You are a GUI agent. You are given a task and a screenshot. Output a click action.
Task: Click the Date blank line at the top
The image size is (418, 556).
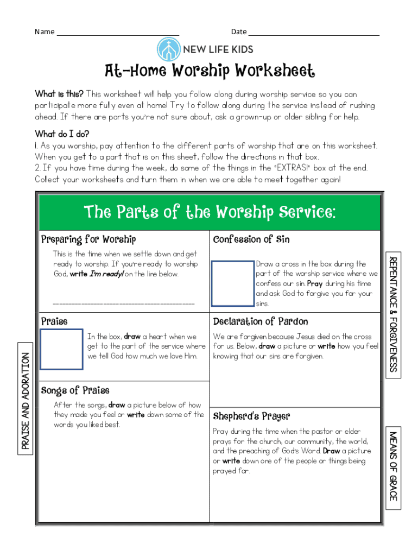313,33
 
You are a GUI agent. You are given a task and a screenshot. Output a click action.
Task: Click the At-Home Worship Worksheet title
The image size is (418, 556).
209,71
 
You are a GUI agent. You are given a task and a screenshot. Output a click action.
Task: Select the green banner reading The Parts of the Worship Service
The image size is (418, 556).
209,212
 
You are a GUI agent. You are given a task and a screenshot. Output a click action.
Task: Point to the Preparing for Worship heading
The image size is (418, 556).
88,239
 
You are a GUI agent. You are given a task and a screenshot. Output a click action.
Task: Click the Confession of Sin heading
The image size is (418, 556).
251,239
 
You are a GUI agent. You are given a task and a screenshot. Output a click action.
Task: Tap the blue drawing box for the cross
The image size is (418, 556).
233,283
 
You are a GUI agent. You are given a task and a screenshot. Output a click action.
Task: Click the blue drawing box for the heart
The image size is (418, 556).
62,349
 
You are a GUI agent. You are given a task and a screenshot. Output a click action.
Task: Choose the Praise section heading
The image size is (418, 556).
55,321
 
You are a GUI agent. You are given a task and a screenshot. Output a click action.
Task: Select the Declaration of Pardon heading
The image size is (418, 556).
261,321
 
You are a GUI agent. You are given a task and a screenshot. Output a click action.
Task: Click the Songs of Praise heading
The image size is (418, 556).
75,390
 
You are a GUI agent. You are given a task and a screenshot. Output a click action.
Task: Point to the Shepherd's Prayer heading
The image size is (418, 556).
251,416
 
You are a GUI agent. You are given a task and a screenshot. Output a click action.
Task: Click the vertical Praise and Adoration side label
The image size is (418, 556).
25,401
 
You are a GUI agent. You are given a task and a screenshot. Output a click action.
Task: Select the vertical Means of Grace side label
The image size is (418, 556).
393,466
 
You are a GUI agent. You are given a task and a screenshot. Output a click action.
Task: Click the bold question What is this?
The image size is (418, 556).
59,94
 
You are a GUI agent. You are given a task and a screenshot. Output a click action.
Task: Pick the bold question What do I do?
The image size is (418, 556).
62,134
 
